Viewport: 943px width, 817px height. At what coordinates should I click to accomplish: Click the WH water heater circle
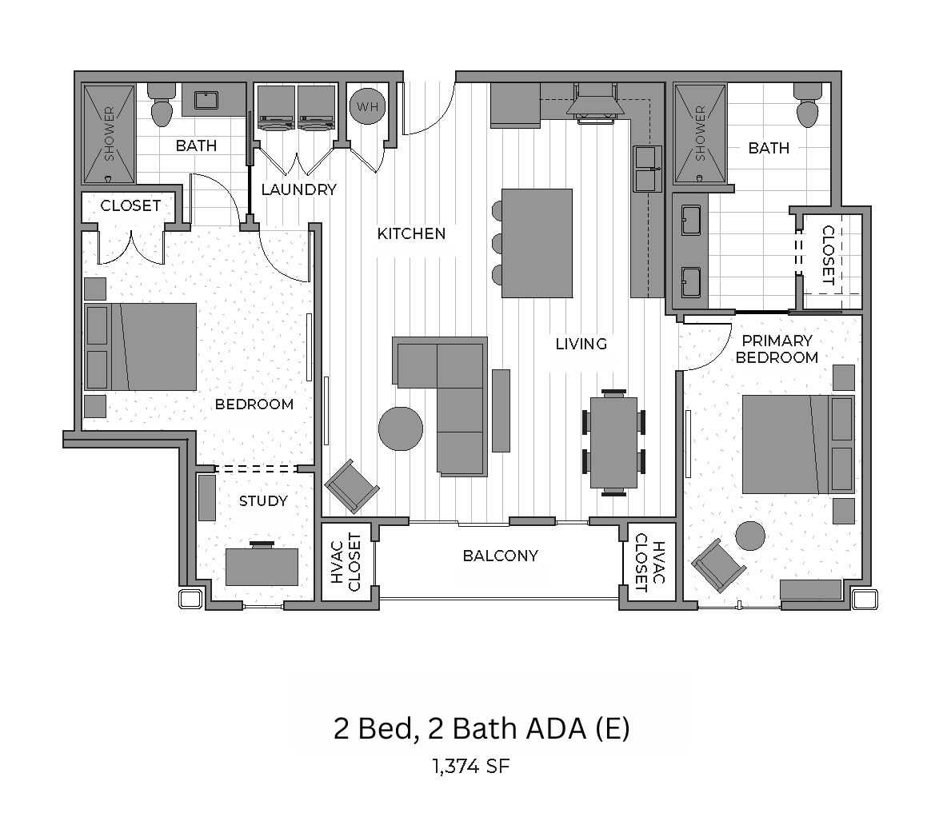(x=367, y=106)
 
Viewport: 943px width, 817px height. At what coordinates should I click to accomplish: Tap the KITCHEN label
(x=411, y=234)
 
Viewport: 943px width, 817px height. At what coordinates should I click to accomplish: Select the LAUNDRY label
(x=299, y=190)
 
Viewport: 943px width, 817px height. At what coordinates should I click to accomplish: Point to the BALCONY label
(x=501, y=556)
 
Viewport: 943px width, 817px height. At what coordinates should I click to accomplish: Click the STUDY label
(x=263, y=500)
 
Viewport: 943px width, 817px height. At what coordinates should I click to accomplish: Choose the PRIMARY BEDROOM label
(x=777, y=349)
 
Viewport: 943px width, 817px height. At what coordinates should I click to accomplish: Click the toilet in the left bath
(x=162, y=106)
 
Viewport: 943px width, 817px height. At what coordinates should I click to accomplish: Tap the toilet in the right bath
(x=807, y=106)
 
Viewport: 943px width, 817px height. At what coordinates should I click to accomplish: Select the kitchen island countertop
(x=537, y=244)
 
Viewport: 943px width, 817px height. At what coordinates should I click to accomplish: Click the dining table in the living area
(x=613, y=442)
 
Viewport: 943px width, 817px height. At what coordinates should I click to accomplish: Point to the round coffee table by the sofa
(x=401, y=428)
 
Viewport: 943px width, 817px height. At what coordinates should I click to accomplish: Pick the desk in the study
(x=262, y=566)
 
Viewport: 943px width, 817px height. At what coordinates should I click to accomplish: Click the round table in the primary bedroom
(x=750, y=535)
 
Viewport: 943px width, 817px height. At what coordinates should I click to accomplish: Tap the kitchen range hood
(x=595, y=101)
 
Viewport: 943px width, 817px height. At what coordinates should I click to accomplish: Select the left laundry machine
(x=277, y=108)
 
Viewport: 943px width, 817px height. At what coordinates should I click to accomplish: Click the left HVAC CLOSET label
(x=346, y=562)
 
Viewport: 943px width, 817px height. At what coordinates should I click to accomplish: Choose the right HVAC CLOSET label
(x=651, y=562)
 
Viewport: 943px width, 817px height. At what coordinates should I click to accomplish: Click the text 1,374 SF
(x=471, y=767)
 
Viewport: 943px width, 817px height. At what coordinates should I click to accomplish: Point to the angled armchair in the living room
(x=352, y=486)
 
